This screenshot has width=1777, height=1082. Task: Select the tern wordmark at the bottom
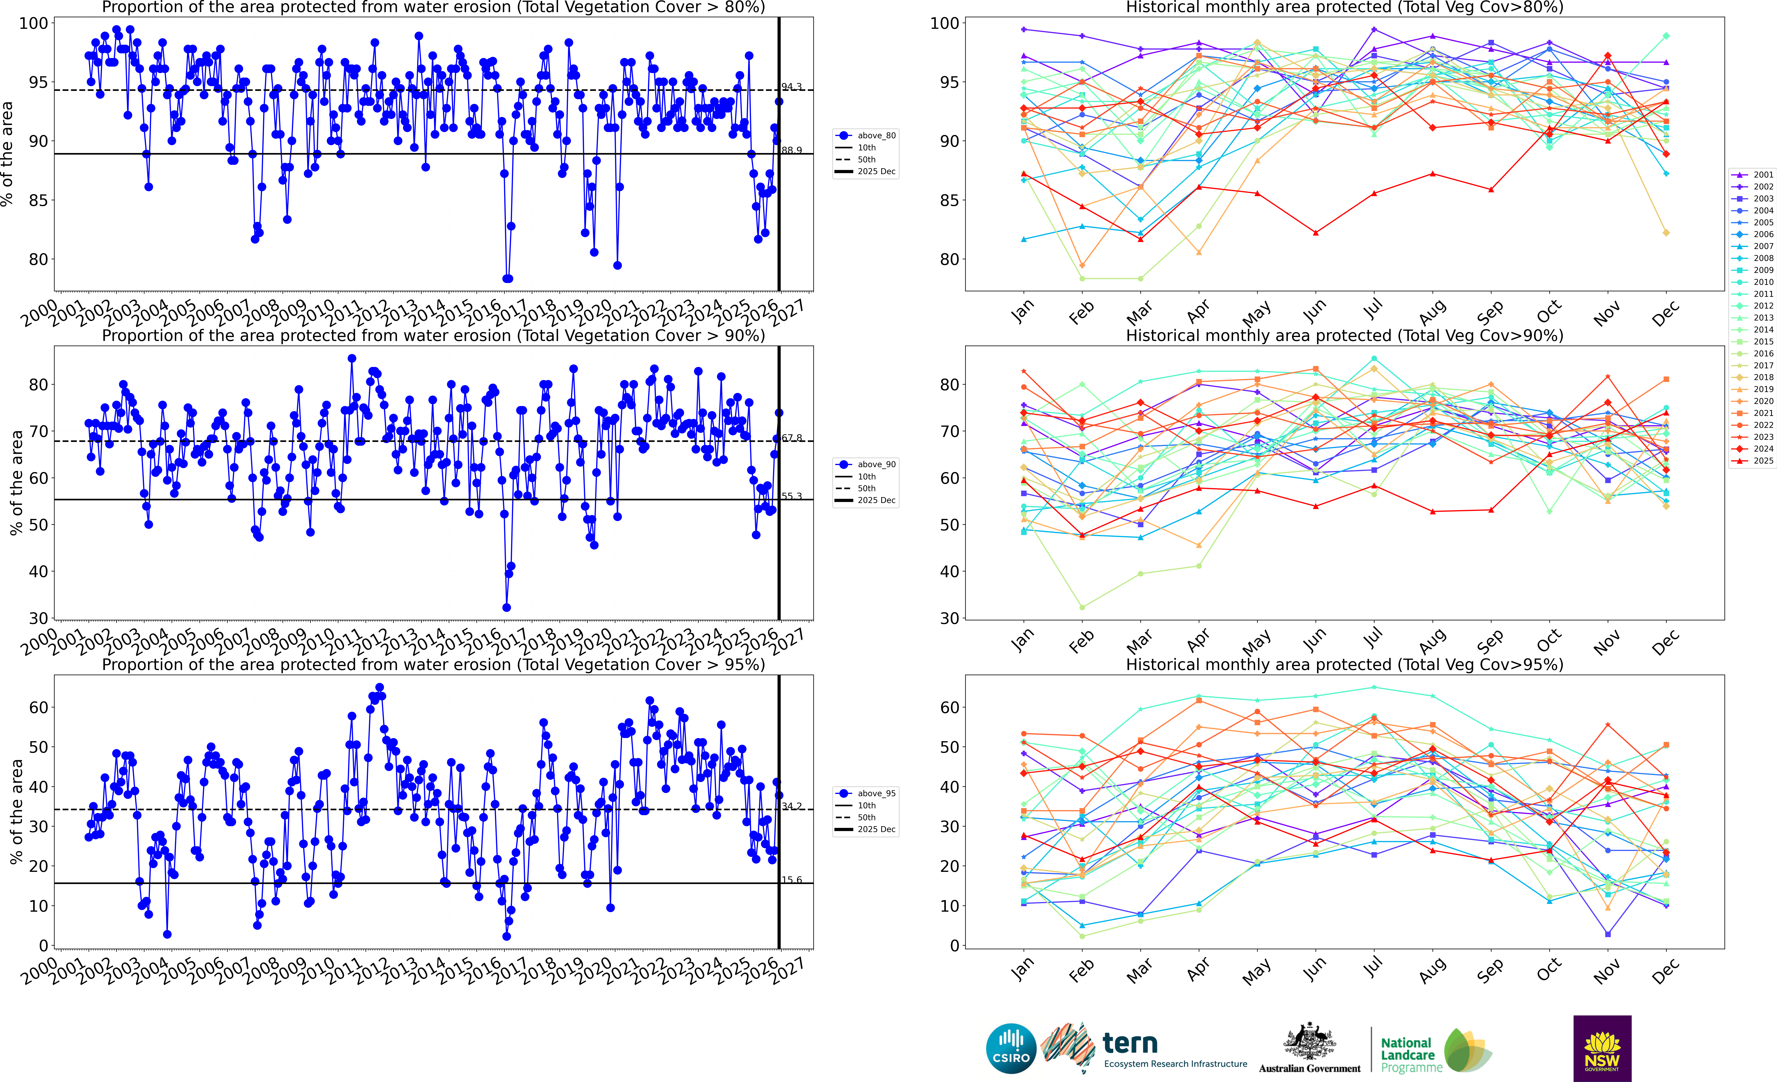click(1130, 1044)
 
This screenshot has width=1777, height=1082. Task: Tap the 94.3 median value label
click(791, 86)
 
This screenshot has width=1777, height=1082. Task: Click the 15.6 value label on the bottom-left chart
click(791, 880)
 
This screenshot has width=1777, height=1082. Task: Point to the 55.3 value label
click(791, 496)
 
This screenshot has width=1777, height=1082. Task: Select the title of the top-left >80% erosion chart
click(433, 7)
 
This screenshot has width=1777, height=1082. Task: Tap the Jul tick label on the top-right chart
click(1374, 310)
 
